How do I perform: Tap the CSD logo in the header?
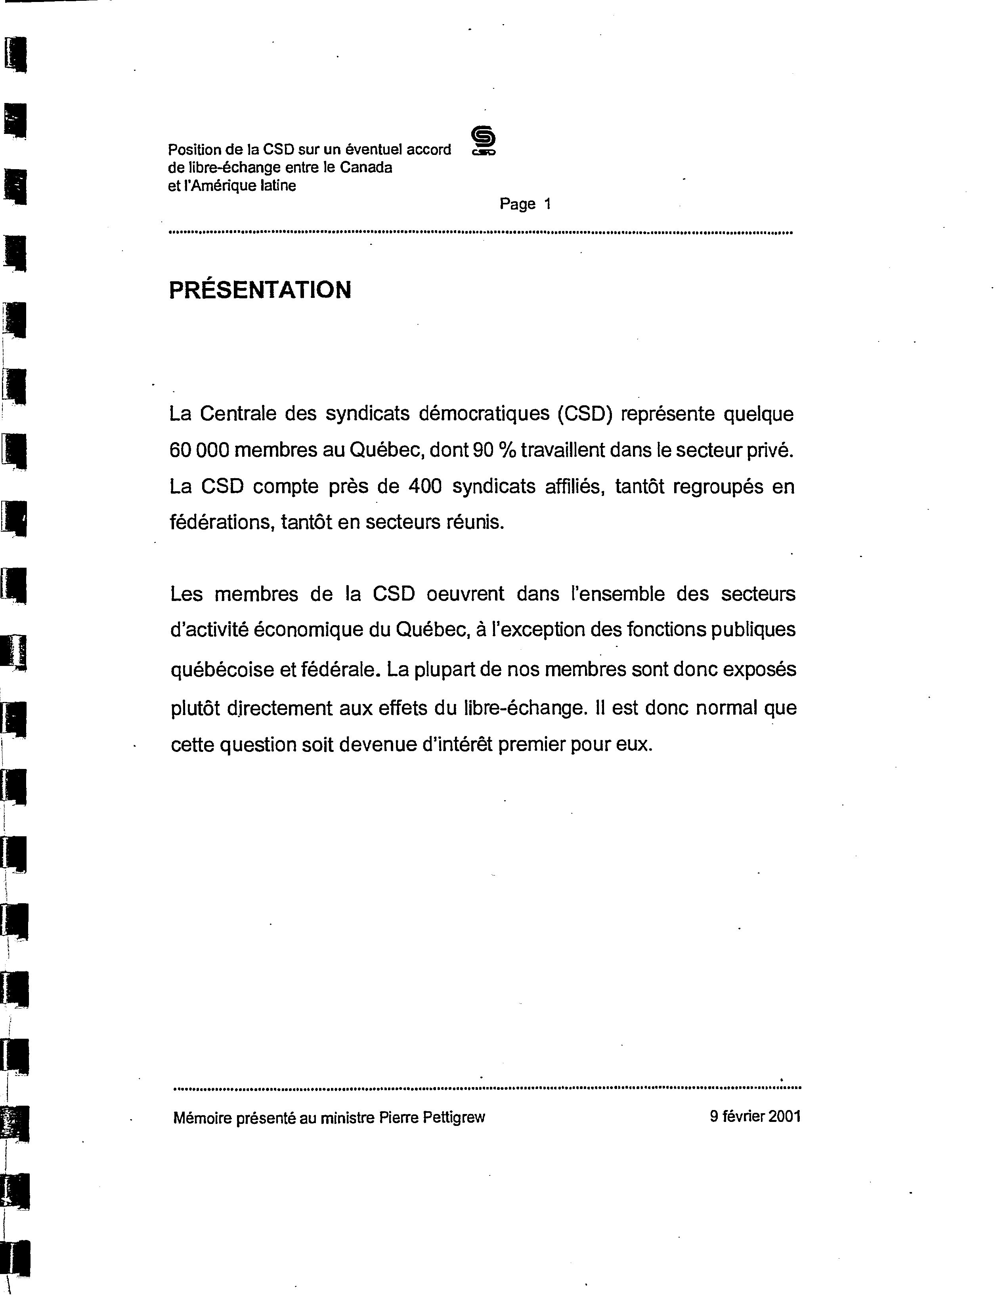point(484,141)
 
